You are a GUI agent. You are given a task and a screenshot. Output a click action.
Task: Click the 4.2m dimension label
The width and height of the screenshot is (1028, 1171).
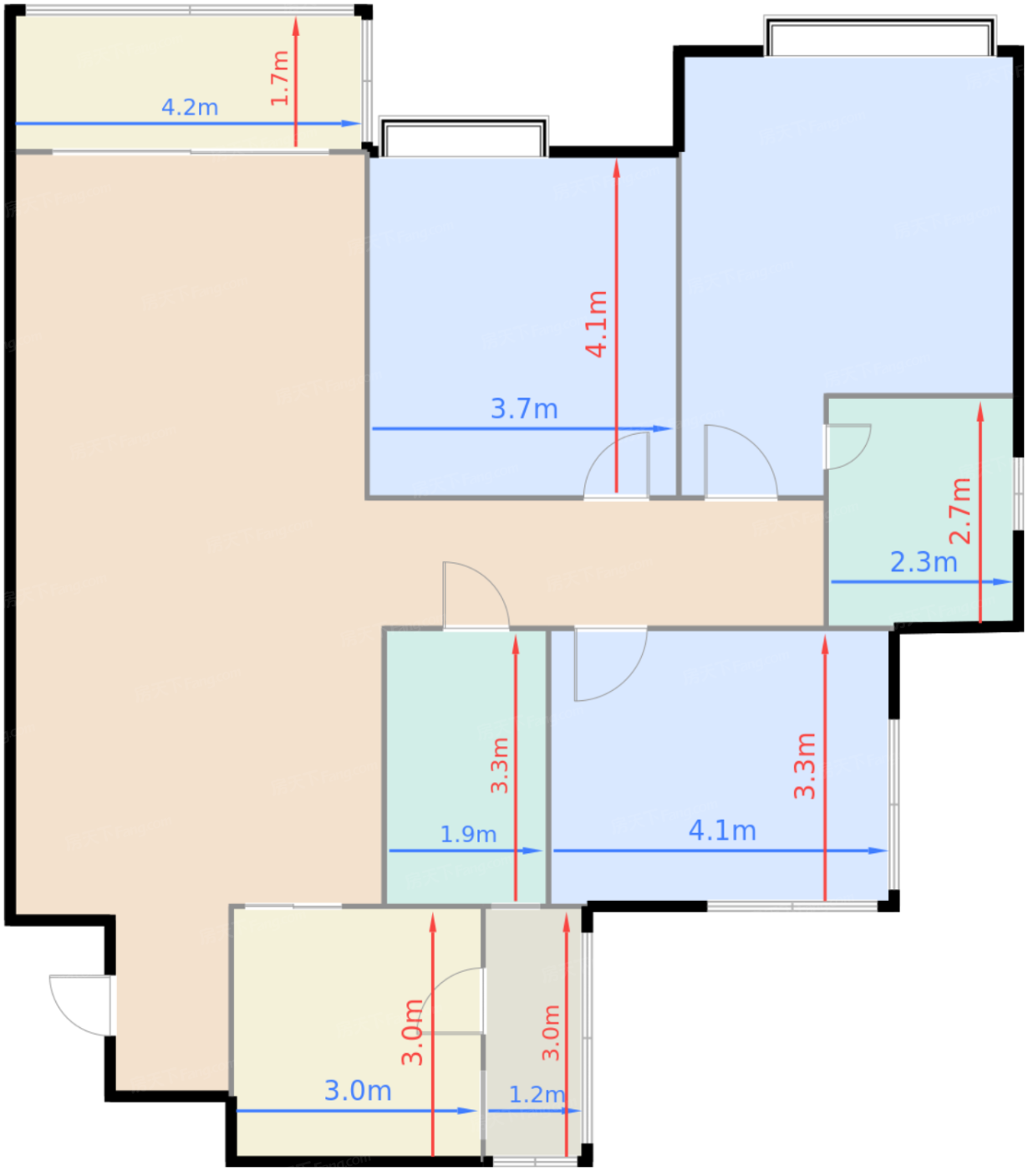pyautogui.click(x=190, y=108)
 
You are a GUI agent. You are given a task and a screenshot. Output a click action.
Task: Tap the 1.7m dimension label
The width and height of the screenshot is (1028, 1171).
pyautogui.click(x=279, y=78)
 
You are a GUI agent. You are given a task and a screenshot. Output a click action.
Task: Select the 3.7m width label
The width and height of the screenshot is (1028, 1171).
pyautogui.click(x=524, y=409)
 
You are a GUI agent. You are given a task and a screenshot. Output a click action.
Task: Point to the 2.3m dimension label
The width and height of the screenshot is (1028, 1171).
pyautogui.click(x=924, y=562)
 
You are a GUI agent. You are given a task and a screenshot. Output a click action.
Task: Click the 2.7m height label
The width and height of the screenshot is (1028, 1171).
pyautogui.click(x=959, y=511)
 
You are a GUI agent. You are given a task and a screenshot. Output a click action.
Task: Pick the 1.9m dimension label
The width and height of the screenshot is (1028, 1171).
pyautogui.click(x=468, y=835)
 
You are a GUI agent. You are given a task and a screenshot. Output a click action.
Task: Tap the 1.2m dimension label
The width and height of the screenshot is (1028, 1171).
pyautogui.click(x=537, y=1094)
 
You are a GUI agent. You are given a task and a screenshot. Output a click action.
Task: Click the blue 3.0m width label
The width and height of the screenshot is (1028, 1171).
pyautogui.click(x=358, y=1091)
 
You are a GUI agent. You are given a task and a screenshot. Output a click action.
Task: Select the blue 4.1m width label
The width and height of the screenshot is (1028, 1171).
pyautogui.click(x=722, y=831)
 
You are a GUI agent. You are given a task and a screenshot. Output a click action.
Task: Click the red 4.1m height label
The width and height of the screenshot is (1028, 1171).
pyautogui.click(x=597, y=325)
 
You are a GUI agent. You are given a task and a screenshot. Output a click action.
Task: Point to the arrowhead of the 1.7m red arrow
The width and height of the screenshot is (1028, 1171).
pyautogui.click(x=296, y=27)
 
